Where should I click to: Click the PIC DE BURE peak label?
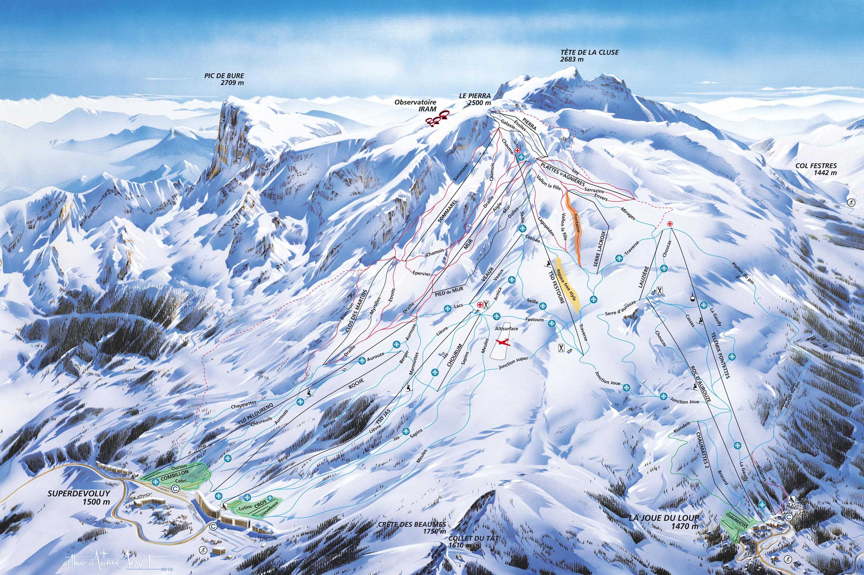tap(224, 79)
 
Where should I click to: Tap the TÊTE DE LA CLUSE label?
tap(589, 55)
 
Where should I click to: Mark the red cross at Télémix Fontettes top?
tap(670, 224)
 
